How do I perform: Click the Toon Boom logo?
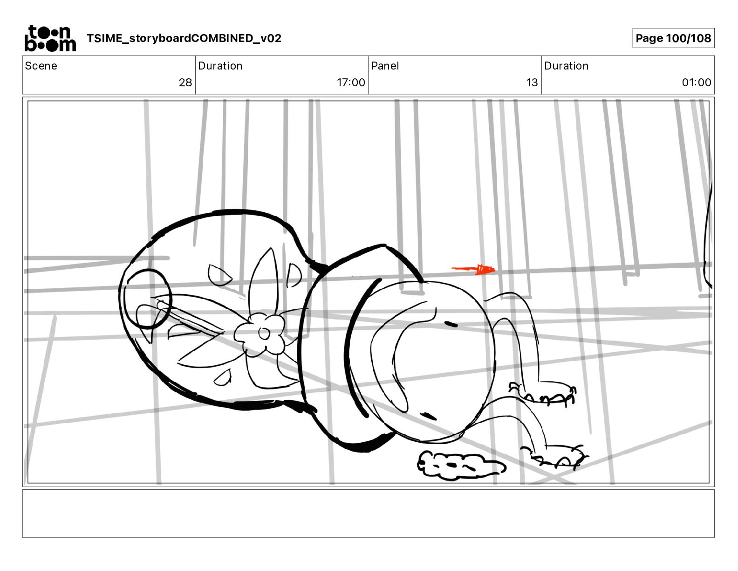click(x=50, y=38)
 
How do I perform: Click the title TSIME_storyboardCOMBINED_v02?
click(x=184, y=38)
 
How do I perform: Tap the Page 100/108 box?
click(x=673, y=38)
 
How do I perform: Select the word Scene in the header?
click(x=41, y=66)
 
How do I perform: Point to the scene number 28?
click(x=185, y=82)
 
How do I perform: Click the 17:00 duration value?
click(x=351, y=82)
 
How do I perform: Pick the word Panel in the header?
click(x=385, y=66)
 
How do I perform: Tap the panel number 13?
click(x=532, y=82)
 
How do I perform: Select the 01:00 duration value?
click(x=697, y=82)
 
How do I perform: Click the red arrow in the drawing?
click(x=473, y=269)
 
